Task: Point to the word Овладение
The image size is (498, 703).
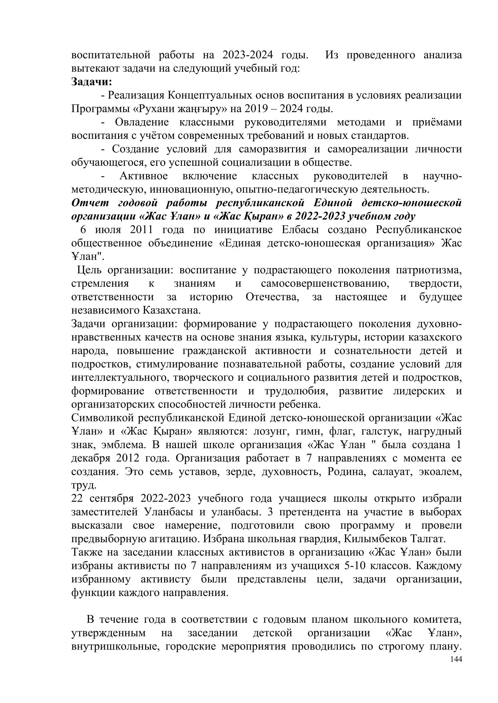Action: (142, 122)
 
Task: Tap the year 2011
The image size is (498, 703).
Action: (142, 230)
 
